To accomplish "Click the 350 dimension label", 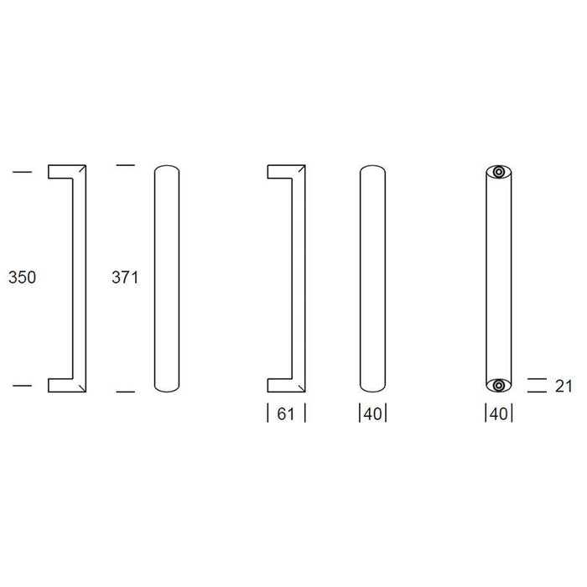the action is tap(22, 278).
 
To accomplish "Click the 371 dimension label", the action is tap(125, 278).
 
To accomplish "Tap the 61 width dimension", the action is tap(286, 414).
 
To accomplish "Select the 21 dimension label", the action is tap(564, 387).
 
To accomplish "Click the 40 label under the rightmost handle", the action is tap(499, 414).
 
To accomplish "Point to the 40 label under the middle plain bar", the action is tap(372, 414).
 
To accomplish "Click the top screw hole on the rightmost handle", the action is tap(498, 172).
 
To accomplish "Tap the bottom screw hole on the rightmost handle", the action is tap(498, 385).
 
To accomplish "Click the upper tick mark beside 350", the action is tap(23, 172).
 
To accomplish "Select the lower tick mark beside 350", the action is tap(23, 385).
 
